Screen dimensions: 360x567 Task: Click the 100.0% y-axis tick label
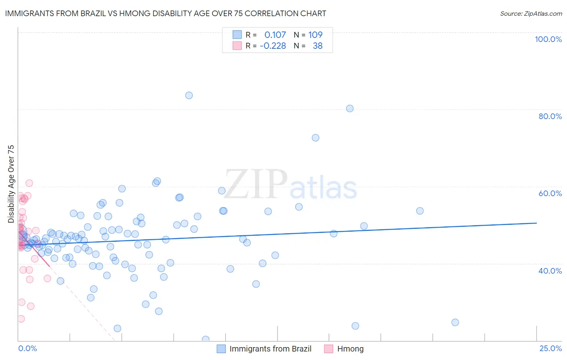coord(548,39)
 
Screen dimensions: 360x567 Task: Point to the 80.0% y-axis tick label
coord(550,116)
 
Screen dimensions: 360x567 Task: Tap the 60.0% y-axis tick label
coord(550,193)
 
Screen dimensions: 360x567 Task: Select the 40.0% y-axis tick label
coord(550,271)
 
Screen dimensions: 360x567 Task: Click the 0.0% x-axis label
coord(27,348)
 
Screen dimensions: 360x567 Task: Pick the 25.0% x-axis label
coord(550,348)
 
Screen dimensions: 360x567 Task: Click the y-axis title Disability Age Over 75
coord(11,184)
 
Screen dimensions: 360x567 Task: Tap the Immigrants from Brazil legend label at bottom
coord(270,349)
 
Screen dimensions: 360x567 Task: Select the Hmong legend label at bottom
coord(350,349)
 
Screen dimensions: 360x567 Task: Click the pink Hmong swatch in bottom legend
coord(329,349)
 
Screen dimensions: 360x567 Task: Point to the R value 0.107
coord(275,35)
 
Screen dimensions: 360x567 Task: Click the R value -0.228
coord(273,46)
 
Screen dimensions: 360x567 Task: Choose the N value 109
coord(315,35)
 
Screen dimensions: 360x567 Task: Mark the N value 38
coord(317,46)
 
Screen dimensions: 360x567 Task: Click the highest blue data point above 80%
coord(189,95)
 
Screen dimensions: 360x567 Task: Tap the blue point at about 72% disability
coord(315,138)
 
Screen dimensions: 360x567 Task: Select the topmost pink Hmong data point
coord(29,183)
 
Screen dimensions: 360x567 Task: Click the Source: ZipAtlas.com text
coord(531,14)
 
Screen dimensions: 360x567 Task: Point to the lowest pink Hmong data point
coord(21,319)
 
